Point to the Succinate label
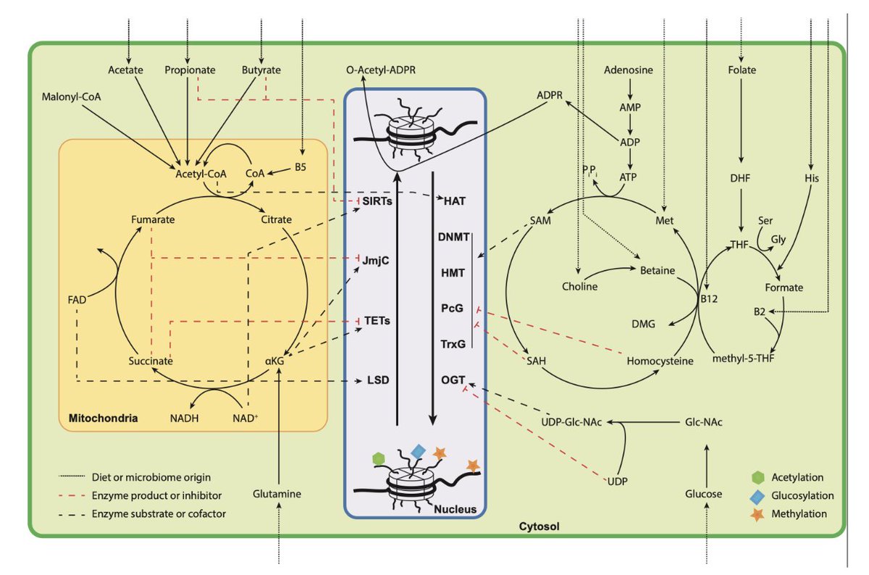coord(151,359)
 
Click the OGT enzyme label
coord(450,379)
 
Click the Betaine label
coord(658,270)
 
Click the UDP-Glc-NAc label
coord(572,421)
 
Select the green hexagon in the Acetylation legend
coord(757,478)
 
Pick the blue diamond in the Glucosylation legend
coord(757,496)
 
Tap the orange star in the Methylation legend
coord(757,513)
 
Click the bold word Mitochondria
coord(98,418)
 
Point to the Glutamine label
coord(277,494)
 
